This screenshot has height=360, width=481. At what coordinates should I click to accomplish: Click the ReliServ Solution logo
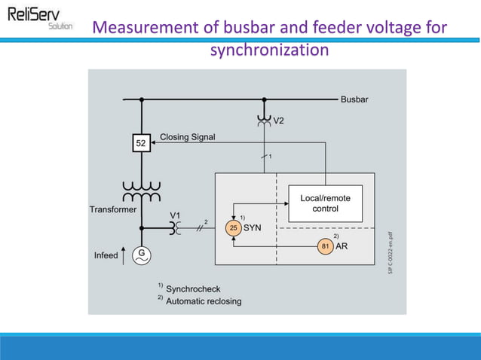coord(39,18)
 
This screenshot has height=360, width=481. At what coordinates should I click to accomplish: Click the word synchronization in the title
coord(269,50)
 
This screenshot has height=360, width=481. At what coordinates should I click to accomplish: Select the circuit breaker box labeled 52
coord(140,142)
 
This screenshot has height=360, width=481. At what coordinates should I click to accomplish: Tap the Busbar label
coord(354,99)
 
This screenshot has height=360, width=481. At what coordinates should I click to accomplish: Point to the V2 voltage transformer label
coord(279,121)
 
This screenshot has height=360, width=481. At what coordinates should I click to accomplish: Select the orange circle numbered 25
coord(233,227)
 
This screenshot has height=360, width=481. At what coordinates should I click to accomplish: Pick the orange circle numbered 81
coord(325,246)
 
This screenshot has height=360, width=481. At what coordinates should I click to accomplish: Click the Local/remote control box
coord(325,203)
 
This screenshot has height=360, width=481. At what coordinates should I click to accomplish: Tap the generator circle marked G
coord(140,255)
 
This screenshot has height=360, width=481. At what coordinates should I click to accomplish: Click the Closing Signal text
coord(187,137)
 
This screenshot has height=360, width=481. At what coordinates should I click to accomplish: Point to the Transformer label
coord(112,209)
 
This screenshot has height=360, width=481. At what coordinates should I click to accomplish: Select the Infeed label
coord(106,255)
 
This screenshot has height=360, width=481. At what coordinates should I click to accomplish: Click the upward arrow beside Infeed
coord(125,255)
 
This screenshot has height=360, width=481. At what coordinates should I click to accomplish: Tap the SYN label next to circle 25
coord(252,227)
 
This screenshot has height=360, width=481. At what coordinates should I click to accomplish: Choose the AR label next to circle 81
coord(342,246)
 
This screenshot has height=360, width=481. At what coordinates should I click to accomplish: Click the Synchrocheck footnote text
coord(193,288)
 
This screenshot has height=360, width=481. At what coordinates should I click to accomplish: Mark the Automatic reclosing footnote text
coord(204,301)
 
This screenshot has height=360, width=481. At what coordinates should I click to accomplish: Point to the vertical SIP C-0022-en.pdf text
coord(391,252)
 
